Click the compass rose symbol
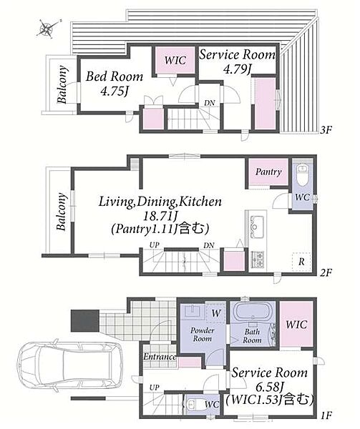click(48, 28)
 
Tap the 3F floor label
click(326, 130)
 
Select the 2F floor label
click(326, 273)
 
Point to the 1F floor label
click(326, 416)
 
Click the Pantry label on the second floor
click(268, 172)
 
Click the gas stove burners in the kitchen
click(258, 259)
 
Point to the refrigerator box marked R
click(301, 262)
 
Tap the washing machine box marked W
click(215, 313)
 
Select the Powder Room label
click(202, 335)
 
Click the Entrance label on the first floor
click(160, 357)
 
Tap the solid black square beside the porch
click(84, 320)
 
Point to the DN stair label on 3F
click(210, 103)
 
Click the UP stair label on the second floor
click(155, 245)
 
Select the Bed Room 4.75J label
click(115, 84)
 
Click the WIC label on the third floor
click(175, 60)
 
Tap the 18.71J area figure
click(161, 217)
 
